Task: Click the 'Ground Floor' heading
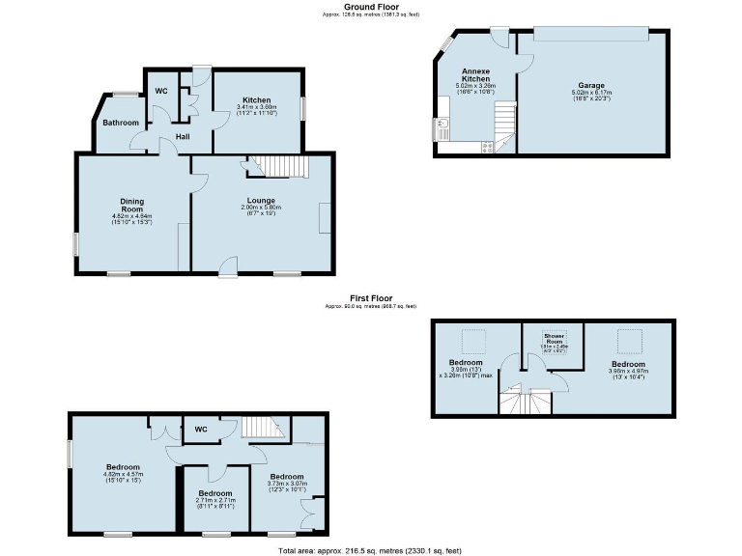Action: [371, 7]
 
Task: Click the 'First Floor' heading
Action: [371, 299]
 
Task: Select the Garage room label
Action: [591, 85]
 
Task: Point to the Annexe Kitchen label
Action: [475, 75]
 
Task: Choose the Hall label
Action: [182, 136]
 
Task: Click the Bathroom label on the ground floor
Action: [122, 123]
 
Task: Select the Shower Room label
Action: [554, 338]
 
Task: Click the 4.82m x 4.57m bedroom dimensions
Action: [122, 477]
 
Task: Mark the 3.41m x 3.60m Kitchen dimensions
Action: [256, 109]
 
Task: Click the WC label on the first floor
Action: [201, 430]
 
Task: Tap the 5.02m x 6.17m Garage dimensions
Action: [591, 95]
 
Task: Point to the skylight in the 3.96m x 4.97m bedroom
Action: [629, 341]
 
